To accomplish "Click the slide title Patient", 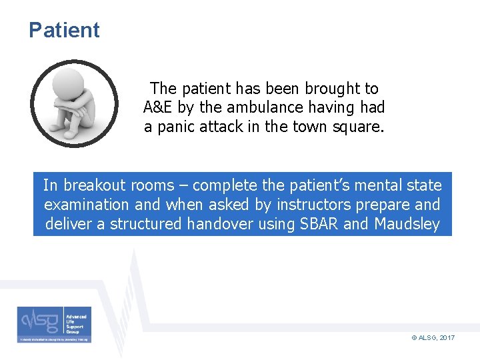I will point(64,30).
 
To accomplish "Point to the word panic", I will point(175,127).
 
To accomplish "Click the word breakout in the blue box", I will point(95,185).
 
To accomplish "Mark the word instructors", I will point(320,204).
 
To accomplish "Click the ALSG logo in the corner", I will point(55,325).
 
